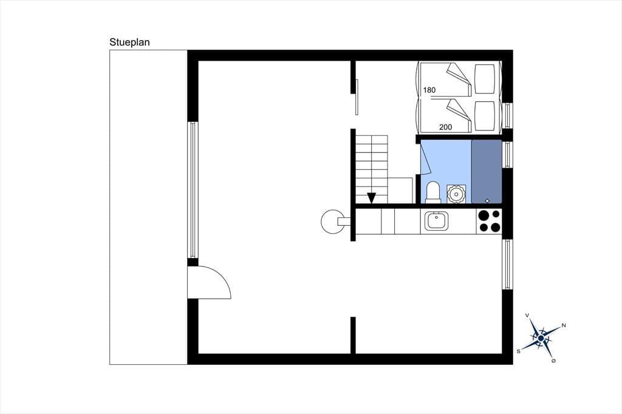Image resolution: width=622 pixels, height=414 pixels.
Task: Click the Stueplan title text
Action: click(130, 42)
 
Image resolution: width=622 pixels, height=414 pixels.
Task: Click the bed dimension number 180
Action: click(429, 90)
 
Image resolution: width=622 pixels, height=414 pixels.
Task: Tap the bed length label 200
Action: click(445, 127)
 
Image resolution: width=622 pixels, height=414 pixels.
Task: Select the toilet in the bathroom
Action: click(432, 192)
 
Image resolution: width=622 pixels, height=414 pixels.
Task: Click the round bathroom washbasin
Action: click(456, 194)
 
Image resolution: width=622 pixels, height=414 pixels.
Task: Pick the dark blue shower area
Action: click(487, 171)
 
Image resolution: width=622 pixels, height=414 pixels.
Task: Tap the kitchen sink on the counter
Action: click(437, 221)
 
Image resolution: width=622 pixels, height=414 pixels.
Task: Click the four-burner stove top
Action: click(490, 222)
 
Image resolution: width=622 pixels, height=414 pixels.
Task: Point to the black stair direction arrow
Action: click(371, 198)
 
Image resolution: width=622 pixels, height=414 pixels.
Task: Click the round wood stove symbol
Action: click(332, 222)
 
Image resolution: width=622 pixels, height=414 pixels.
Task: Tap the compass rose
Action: click(541, 338)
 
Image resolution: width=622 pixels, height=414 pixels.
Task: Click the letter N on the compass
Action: click(564, 325)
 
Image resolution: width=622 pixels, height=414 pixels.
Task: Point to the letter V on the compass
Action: click(527, 315)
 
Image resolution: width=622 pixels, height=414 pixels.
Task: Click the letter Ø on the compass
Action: click(553, 361)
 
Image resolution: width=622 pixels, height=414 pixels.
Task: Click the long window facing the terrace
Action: click(193, 190)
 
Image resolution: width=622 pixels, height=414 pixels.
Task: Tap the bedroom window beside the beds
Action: click(507, 115)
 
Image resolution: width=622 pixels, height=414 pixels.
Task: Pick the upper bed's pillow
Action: click(485, 78)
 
